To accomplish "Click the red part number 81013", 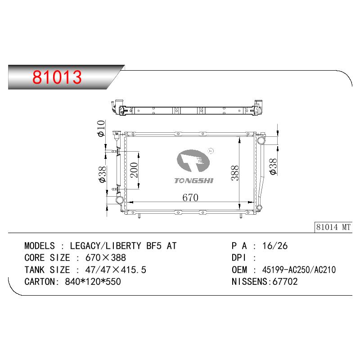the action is pos(57,77).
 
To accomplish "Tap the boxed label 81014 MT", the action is pos(333,227).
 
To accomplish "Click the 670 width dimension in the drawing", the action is pos(190,198).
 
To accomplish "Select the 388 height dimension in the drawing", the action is pos(235,173).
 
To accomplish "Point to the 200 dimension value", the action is pos(134,170).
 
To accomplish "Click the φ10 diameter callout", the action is pos(101,128).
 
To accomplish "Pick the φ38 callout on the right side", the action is pos(273,166).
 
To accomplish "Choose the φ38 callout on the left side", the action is pos(103,174).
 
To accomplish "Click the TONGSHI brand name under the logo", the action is pos(194,181).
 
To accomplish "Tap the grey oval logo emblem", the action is pos(193,161).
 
